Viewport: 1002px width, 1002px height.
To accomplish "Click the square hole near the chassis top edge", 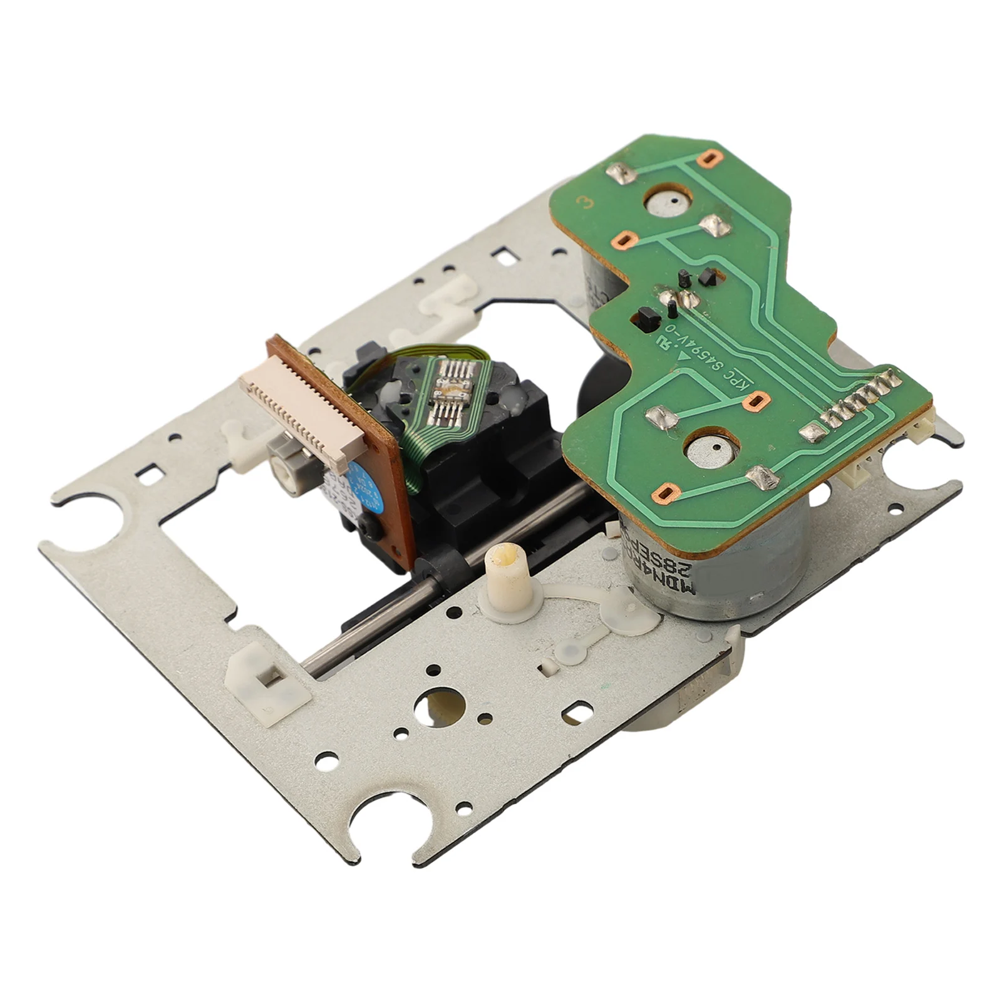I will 504,256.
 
